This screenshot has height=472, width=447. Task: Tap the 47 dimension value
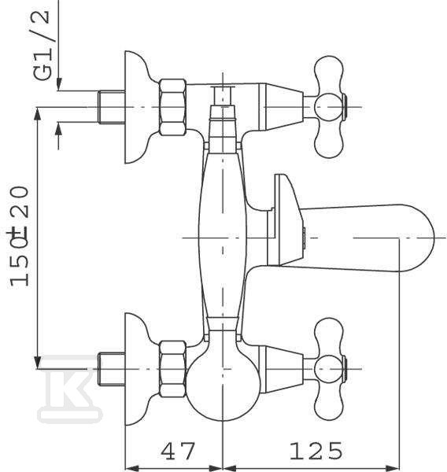click(178, 451)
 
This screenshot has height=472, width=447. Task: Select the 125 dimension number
click(316, 451)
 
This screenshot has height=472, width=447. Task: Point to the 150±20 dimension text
click(19, 236)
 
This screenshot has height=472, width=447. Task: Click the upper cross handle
click(329, 107)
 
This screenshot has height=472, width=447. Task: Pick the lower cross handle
click(329, 368)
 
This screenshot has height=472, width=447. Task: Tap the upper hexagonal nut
click(172, 107)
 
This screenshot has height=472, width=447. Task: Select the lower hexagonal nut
click(172, 369)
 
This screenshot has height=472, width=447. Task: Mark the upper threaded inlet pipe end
click(112, 107)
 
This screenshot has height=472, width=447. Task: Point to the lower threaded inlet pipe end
click(112, 369)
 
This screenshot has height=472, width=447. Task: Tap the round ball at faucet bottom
click(223, 388)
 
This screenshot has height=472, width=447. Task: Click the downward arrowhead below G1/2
click(59, 83)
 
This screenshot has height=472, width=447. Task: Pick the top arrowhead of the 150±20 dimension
click(37, 114)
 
